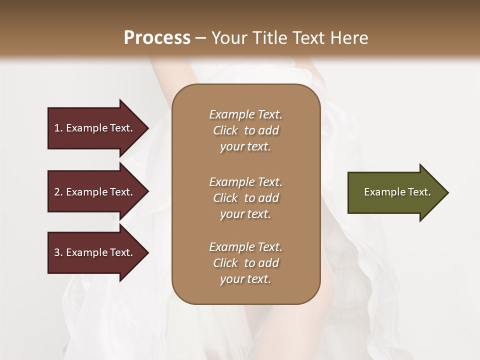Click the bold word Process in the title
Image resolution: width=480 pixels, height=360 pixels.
point(157,37)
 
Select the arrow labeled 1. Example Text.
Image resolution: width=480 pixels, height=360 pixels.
point(95,128)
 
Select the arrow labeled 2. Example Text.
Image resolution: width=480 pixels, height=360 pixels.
point(95,192)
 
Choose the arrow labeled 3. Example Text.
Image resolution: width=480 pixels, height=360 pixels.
point(95,252)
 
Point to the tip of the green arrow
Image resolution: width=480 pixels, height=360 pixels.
point(447,192)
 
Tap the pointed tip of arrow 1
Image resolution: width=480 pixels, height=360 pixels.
point(147,128)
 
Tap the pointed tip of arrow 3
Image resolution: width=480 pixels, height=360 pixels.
point(147,252)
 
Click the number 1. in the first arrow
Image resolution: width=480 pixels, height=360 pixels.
point(58,128)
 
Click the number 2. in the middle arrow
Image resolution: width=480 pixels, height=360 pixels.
point(58,192)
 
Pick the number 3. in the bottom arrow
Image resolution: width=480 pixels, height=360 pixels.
point(58,252)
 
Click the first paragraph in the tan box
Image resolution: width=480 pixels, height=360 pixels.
point(245,130)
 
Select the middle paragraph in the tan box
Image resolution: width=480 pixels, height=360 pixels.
point(245,197)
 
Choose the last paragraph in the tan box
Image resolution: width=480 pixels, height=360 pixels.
point(245,263)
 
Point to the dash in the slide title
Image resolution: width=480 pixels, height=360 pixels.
point(200,38)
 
